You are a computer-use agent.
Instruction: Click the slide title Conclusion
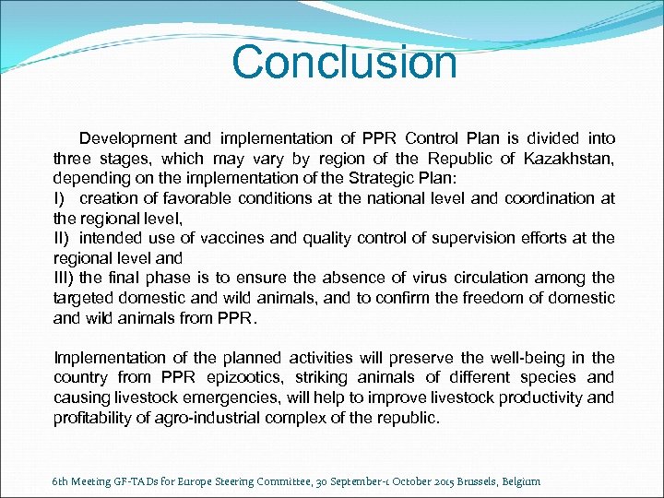pyautogui.click(x=344, y=63)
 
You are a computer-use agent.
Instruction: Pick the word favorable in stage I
pyautogui.click(x=197, y=198)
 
